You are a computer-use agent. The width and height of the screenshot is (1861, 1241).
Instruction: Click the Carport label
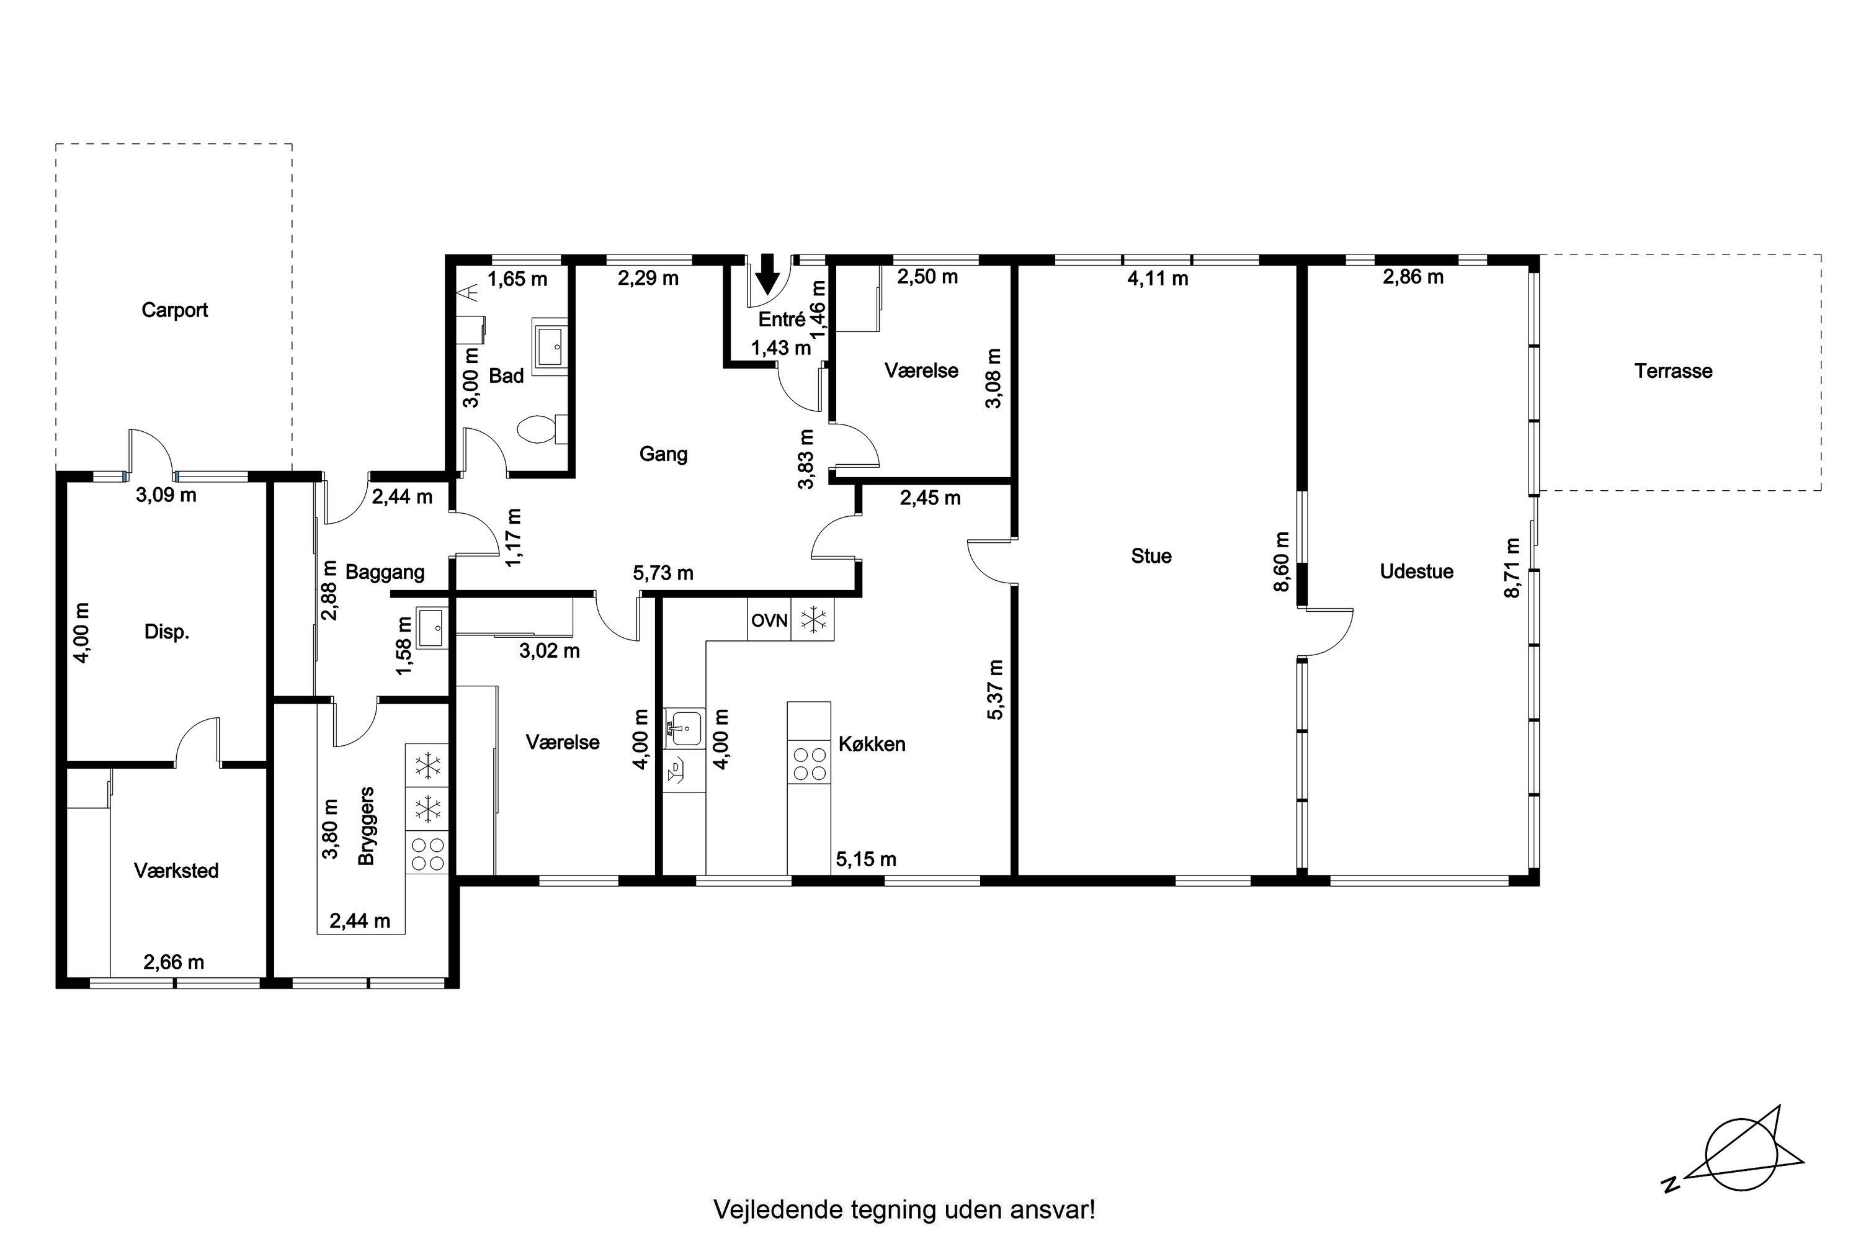pos(174,310)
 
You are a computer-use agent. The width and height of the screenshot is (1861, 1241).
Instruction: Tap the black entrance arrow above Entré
pos(767,274)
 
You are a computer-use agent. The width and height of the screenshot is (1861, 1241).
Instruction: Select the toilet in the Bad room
pos(542,429)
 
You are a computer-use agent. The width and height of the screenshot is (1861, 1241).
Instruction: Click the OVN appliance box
pos(769,620)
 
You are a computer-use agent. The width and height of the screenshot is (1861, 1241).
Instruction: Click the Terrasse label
pos(1674,370)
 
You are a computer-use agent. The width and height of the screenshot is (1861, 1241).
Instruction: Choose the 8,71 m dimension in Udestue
pos(1512,568)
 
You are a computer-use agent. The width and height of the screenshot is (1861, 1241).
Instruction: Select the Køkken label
pos(872,743)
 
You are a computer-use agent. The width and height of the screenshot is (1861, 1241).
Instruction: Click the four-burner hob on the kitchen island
pos(809,764)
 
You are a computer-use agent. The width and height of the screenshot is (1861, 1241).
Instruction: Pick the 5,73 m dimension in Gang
pos(663,573)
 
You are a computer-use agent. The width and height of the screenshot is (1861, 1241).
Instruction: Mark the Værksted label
pos(176,871)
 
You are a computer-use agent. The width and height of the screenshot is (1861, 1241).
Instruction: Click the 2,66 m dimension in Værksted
pos(173,962)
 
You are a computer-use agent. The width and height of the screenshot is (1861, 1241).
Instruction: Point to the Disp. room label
pos(167,632)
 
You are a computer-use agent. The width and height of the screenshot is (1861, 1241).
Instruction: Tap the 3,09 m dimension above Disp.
pos(166,495)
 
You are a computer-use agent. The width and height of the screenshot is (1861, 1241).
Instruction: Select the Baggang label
pos(385,571)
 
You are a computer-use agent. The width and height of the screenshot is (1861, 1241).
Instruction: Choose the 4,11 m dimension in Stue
pos(1158,279)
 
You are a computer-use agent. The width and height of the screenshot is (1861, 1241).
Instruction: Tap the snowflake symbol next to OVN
pos(813,620)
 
